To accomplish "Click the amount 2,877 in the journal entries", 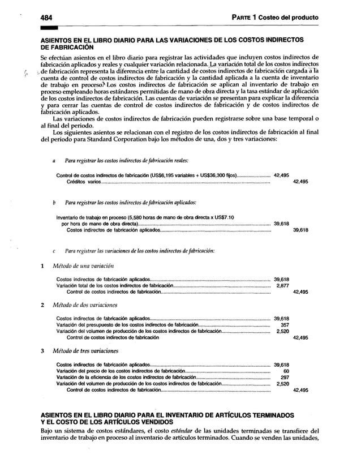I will click(x=282, y=286).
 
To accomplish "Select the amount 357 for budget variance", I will click(x=285, y=325).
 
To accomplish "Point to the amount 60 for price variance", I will click(x=286, y=371).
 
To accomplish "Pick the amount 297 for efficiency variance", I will click(x=285, y=378).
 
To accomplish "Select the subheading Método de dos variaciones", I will click(x=81, y=305).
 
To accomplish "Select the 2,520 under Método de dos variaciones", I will click(x=282, y=332).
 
